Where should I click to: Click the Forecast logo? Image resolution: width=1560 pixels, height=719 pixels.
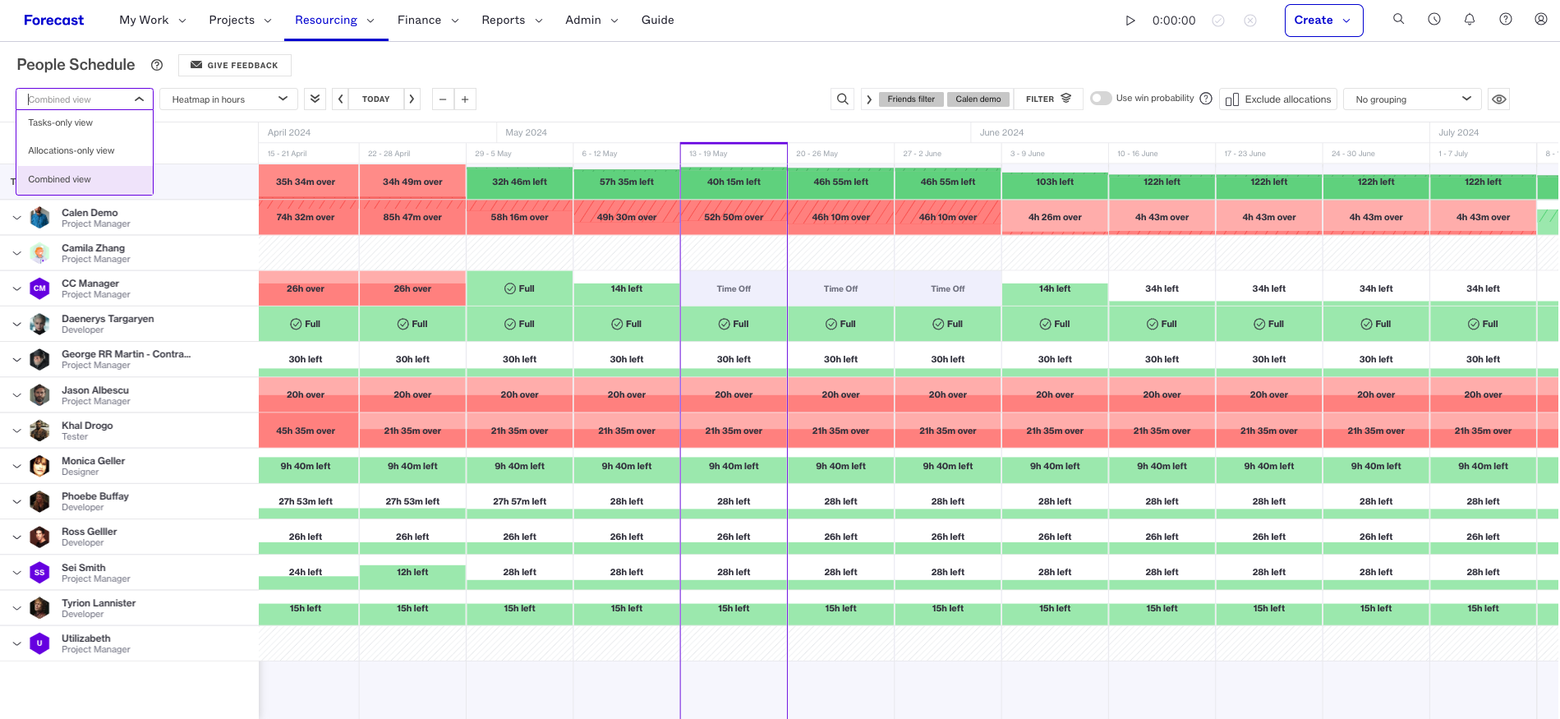(53, 20)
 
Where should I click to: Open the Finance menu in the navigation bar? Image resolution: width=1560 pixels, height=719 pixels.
(428, 20)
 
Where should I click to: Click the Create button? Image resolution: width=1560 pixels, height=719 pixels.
(1323, 21)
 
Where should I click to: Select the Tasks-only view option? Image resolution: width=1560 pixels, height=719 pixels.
(60, 122)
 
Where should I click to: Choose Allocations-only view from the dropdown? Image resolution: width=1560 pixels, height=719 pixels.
(71, 150)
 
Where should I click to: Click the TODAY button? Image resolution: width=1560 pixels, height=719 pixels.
(376, 99)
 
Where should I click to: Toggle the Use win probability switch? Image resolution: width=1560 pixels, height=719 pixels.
(1101, 99)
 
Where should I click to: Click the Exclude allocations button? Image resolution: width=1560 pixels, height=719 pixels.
(1278, 99)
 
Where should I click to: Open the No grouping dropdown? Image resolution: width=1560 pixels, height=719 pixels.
(1412, 99)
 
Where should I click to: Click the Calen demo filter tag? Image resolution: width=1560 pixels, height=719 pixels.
(978, 99)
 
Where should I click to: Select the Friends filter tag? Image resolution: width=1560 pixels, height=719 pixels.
(911, 99)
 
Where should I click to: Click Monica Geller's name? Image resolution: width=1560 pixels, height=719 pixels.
(94, 461)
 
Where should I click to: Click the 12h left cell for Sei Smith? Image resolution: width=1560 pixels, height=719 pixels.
(412, 572)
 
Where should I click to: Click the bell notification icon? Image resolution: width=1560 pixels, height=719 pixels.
(1470, 20)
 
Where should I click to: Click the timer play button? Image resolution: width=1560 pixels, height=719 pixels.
(1130, 21)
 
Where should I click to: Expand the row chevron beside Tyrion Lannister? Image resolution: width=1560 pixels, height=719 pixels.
(16, 608)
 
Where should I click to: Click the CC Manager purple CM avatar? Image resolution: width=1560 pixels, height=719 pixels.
(39, 288)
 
